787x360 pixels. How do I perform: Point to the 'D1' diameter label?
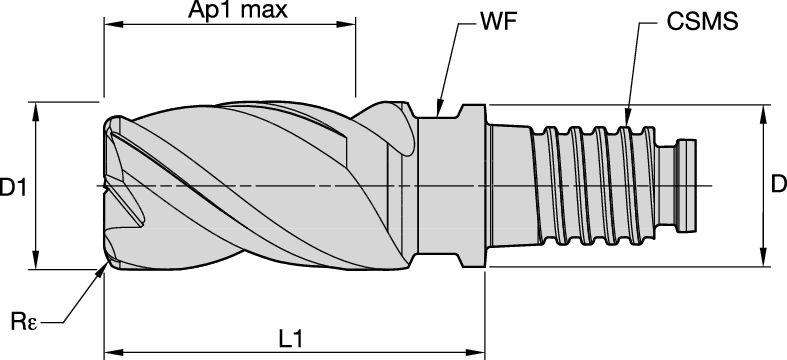click(x=13, y=186)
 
